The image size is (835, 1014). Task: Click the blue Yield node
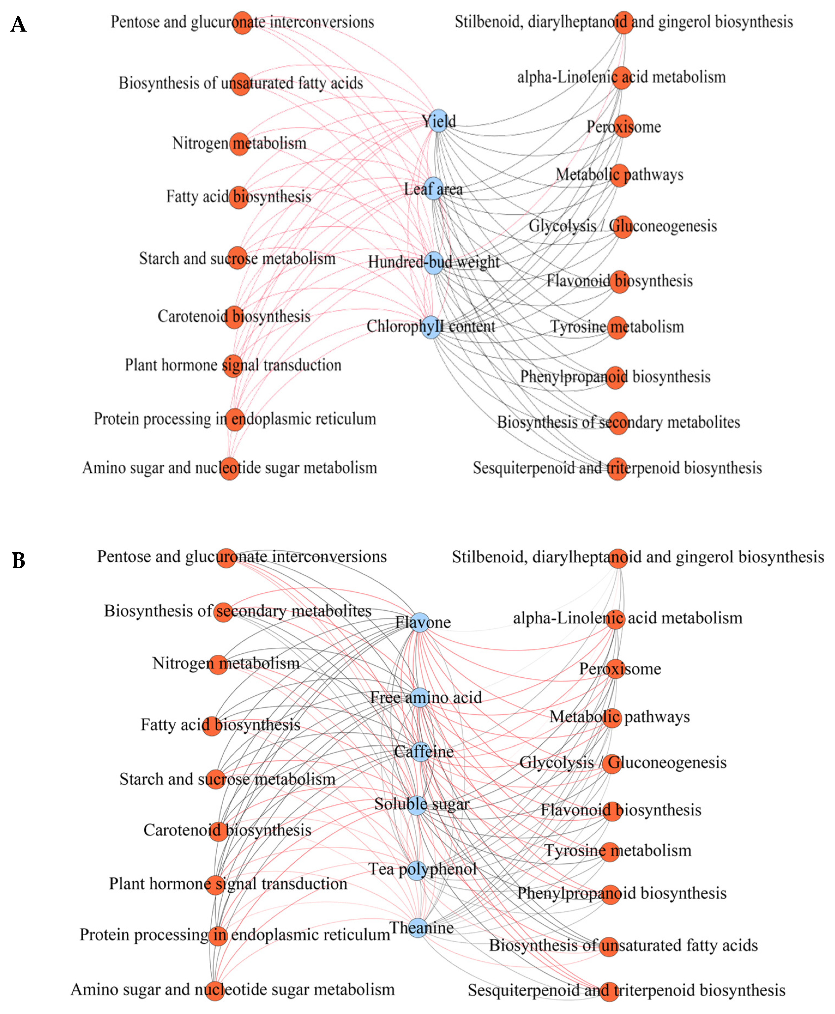click(x=438, y=121)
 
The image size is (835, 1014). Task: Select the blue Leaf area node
click(x=433, y=188)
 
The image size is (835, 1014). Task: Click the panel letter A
click(x=18, y=24)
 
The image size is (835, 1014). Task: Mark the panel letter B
click(x=18, y=560)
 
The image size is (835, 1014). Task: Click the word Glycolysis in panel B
click(x=556, y=763)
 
